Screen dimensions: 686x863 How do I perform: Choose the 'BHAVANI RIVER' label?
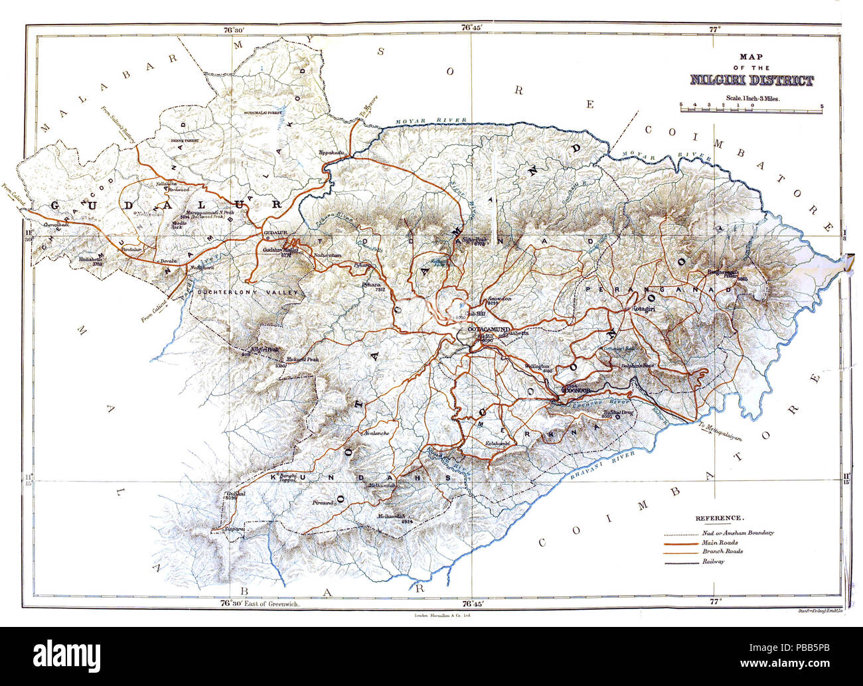click(600, 462)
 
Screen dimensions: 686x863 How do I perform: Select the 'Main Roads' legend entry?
click(719, 542)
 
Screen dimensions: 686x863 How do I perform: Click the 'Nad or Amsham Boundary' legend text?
click(737, 533)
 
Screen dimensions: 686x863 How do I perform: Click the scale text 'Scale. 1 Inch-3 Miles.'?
click(752, 98)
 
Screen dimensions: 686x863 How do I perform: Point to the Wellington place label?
click(536, 366)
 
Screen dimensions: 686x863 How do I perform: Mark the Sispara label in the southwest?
click(236, 529)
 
